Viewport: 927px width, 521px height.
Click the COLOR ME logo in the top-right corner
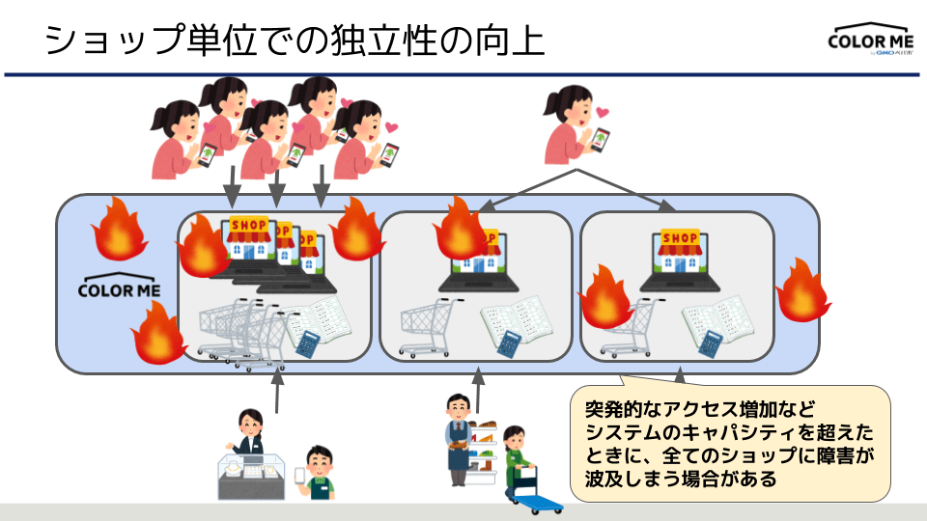[x=868, y=41]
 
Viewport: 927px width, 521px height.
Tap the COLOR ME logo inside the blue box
[x=120, y=288]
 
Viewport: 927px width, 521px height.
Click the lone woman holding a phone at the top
[x=573, y=126]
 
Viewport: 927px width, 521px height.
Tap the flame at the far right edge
[x=802, y=288]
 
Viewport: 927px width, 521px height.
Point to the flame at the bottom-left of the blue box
[x=158, y=332]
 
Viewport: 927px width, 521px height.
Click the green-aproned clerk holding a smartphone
[x=318, y=472]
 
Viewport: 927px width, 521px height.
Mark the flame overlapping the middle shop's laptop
[x=463, y=230]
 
